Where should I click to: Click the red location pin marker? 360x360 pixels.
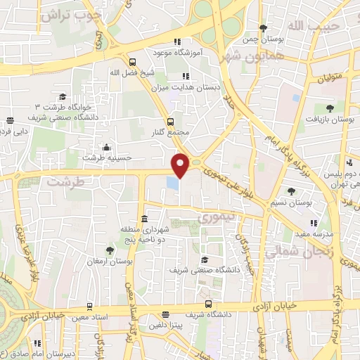point(181,165)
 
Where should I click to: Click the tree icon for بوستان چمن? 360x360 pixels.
point(263,28)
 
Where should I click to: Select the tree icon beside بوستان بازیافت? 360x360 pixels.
point(329,108)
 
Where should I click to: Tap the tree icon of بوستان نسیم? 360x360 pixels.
point(292,191)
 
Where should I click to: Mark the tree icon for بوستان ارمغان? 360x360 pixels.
point(109,250)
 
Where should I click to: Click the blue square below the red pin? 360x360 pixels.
point(172,183)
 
